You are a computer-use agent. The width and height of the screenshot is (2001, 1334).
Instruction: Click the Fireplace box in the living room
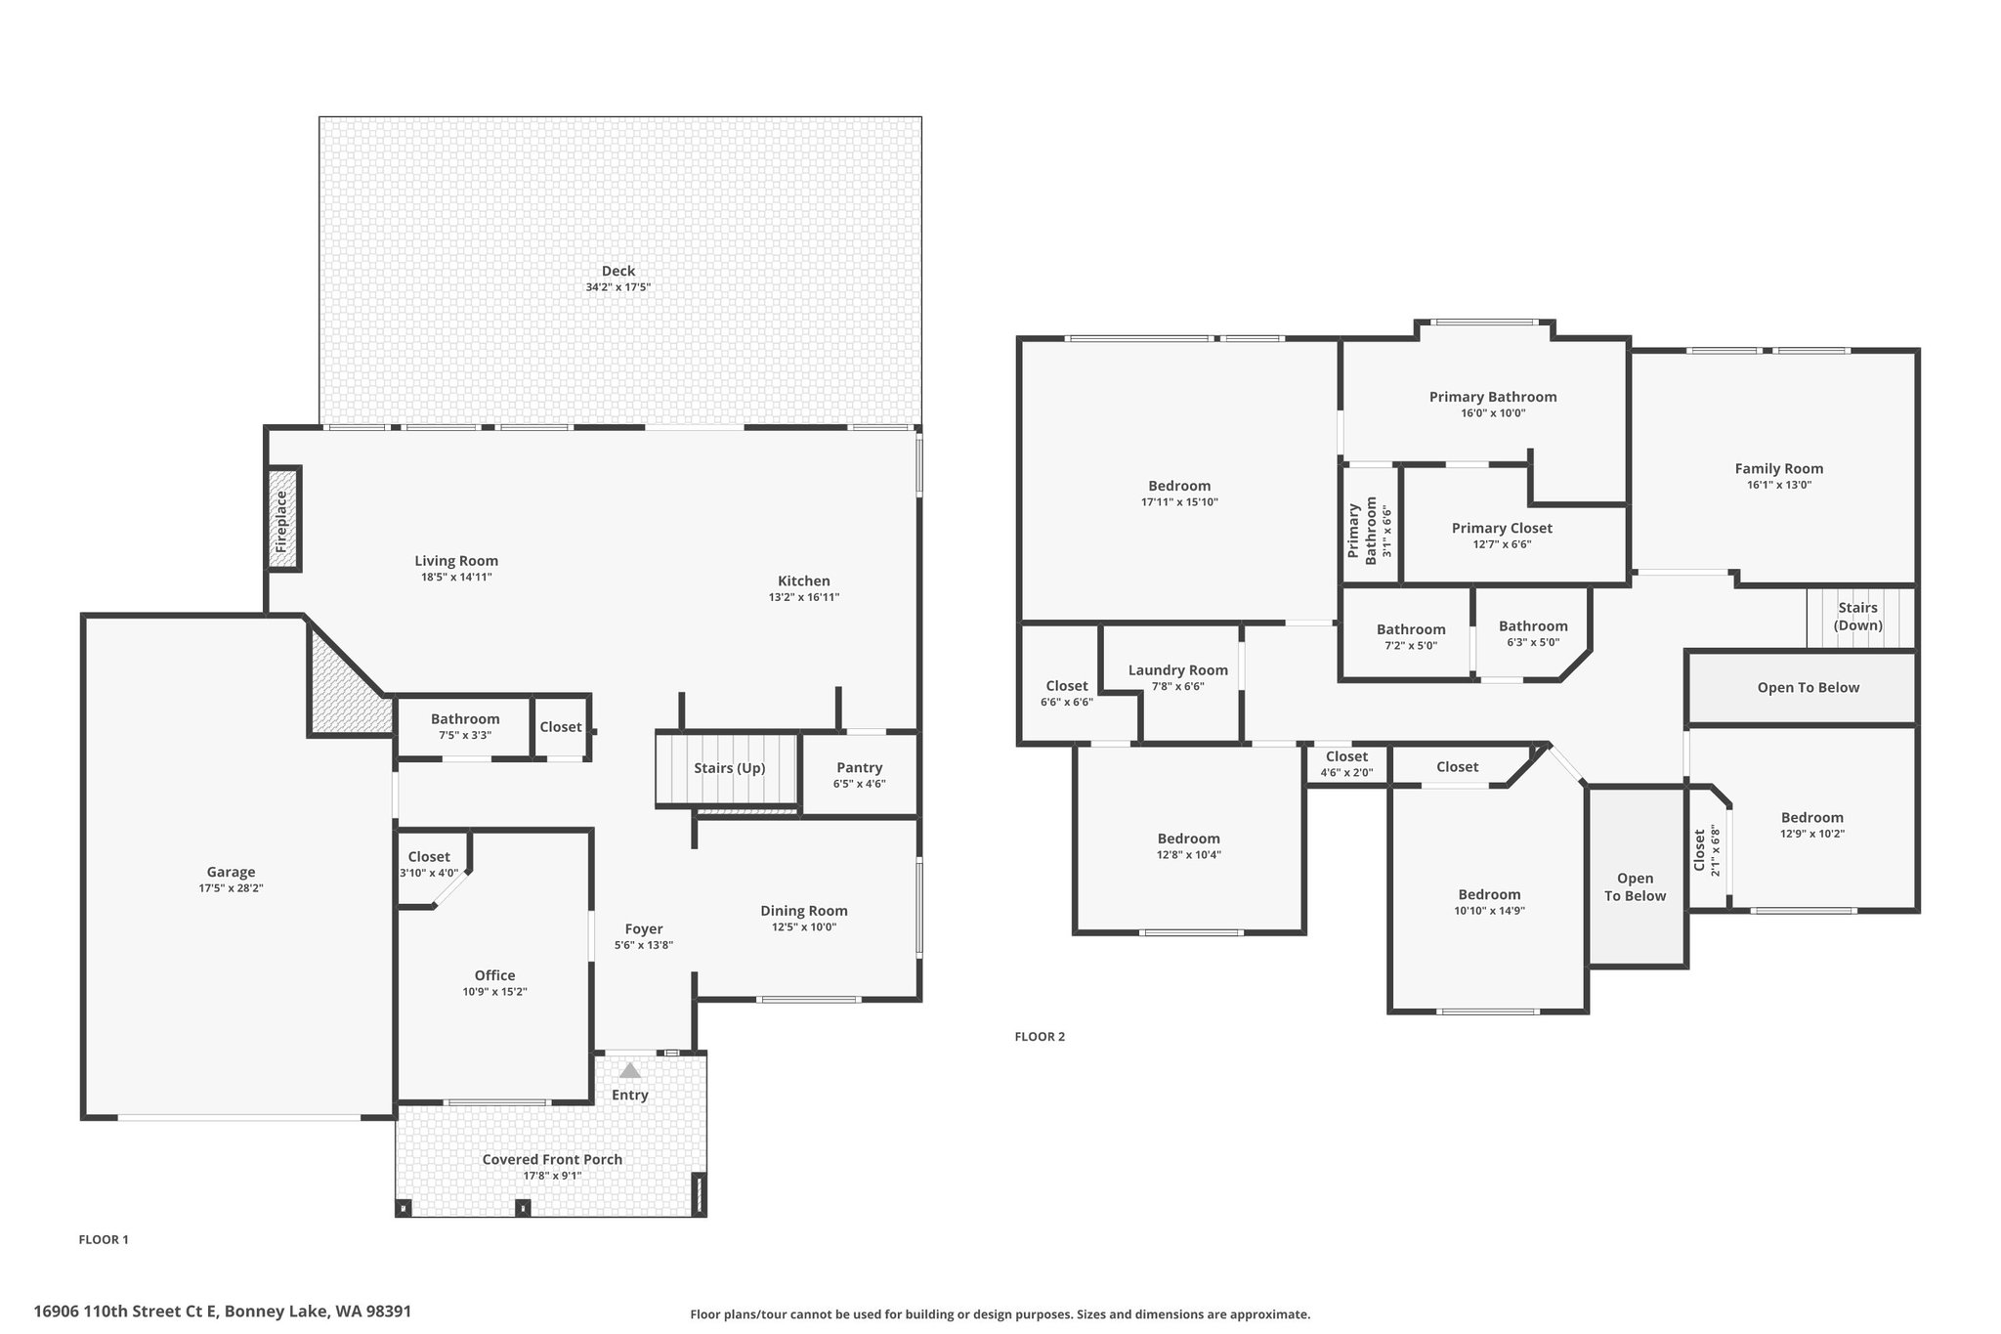point(283,519)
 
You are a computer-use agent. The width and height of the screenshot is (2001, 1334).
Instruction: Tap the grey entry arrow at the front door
point(630,1070)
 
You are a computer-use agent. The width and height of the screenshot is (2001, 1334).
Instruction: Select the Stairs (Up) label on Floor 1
point(729,768)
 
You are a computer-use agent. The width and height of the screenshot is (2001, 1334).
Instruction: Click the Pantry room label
point(860,767)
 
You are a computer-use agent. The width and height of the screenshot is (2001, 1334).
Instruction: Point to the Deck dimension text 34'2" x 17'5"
point(618,287)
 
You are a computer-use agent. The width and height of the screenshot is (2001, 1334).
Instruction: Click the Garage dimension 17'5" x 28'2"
point(231,888)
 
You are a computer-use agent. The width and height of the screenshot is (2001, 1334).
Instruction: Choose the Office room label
point(494,975)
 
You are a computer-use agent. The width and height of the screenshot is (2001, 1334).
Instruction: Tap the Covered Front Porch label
point(552,1159)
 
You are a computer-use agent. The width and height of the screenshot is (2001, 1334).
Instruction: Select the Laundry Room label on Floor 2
point(1178,670)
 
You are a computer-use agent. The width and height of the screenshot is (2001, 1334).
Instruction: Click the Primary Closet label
point(1502,528)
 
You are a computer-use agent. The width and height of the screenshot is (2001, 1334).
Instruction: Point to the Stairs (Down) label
point(1857,617)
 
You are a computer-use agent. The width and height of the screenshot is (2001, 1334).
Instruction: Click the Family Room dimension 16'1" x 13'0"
point(1779,485)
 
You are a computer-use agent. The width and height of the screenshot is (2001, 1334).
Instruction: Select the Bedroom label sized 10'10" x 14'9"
point(1489,894)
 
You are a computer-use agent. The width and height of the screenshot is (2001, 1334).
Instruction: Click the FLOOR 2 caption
point(1040,1037)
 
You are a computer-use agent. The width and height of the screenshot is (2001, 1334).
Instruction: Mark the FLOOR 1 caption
point(104,1240)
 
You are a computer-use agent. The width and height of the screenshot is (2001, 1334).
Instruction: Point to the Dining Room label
point(804,911)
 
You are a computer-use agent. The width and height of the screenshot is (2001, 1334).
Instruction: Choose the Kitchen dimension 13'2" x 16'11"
point(804,597)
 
